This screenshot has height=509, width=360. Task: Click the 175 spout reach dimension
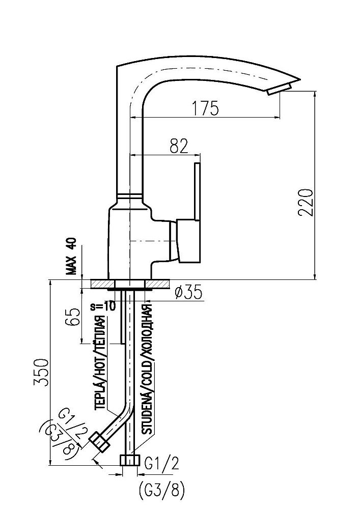click(205, 108)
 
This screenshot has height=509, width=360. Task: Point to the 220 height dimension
click(304, 203)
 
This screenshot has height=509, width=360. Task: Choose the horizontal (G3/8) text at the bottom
click(160, 491)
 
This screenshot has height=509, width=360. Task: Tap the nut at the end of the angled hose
click(99, 442)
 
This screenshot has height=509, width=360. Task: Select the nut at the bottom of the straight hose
click(130, 460)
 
